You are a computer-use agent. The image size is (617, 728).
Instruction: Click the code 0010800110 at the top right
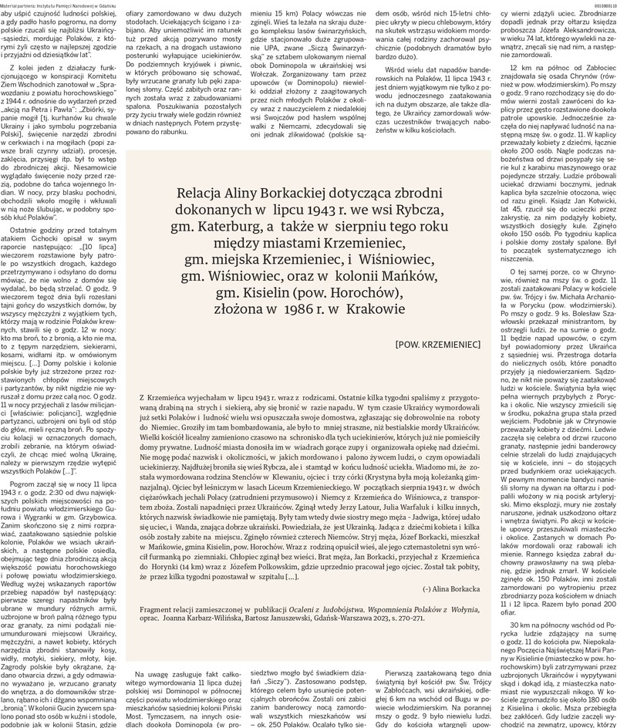pyautogui.click(x=599, y=5)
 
